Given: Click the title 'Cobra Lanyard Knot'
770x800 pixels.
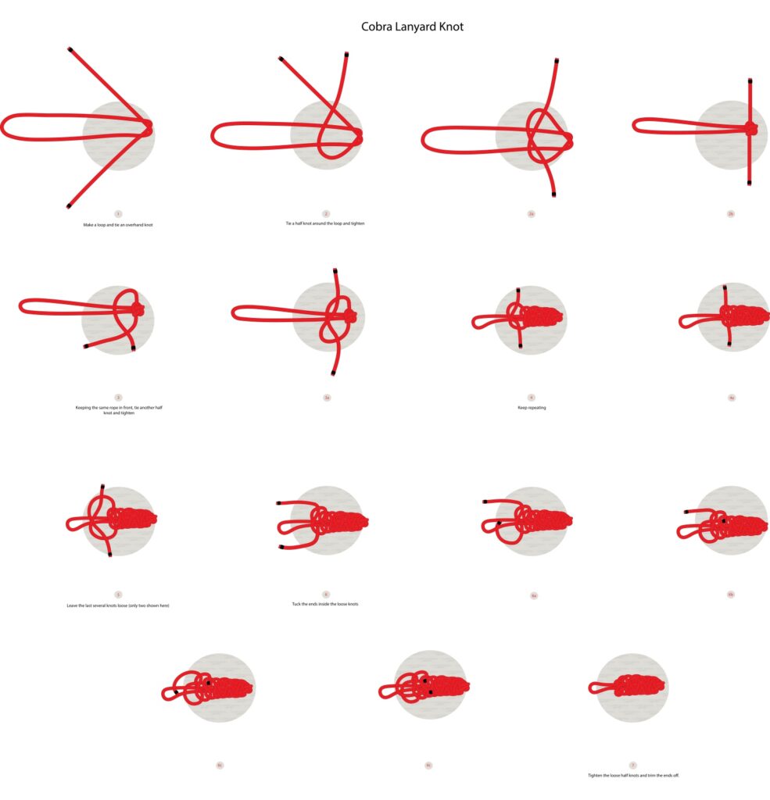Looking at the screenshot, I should [x=412, y=27].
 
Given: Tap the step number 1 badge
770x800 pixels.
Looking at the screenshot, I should [x=118, y=213].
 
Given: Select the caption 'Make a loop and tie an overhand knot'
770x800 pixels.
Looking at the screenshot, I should [x=118, y=225].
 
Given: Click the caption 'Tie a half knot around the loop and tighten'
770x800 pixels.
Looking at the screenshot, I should [x=325, y=223].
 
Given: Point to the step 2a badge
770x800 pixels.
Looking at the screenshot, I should [x=531, y=213].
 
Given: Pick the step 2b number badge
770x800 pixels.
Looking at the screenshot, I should [x=731, y=213].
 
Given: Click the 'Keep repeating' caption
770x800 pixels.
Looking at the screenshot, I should [x=531, y=408].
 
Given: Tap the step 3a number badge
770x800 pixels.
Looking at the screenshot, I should [x=327, y=398].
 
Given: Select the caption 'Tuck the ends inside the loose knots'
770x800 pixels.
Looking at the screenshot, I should [x=325, y=604].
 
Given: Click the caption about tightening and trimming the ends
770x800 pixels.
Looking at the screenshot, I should [x=633, y=775].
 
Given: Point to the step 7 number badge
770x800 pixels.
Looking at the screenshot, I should [x=632, y=765].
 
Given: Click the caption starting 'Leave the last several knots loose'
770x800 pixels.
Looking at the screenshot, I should [x=118, y=605].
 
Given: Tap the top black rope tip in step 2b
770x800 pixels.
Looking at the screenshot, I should [x=750, y=80].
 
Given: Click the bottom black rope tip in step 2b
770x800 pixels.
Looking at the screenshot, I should [x=750, y=183].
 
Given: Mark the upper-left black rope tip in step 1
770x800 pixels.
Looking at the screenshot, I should [x=70, y=49].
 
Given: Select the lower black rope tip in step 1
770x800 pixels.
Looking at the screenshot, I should [x=69, y=206].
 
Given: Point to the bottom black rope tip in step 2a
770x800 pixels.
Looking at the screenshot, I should [x=553, y=194].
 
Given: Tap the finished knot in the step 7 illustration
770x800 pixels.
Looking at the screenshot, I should [x=637, y=687].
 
